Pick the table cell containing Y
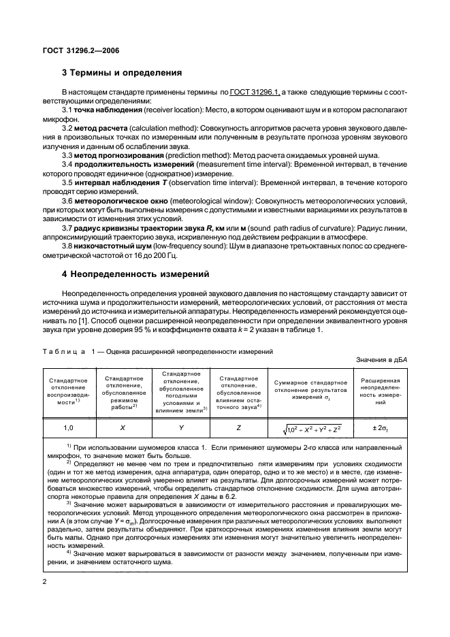click(x=181, y=427)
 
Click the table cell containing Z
click(x=238, y=427)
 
